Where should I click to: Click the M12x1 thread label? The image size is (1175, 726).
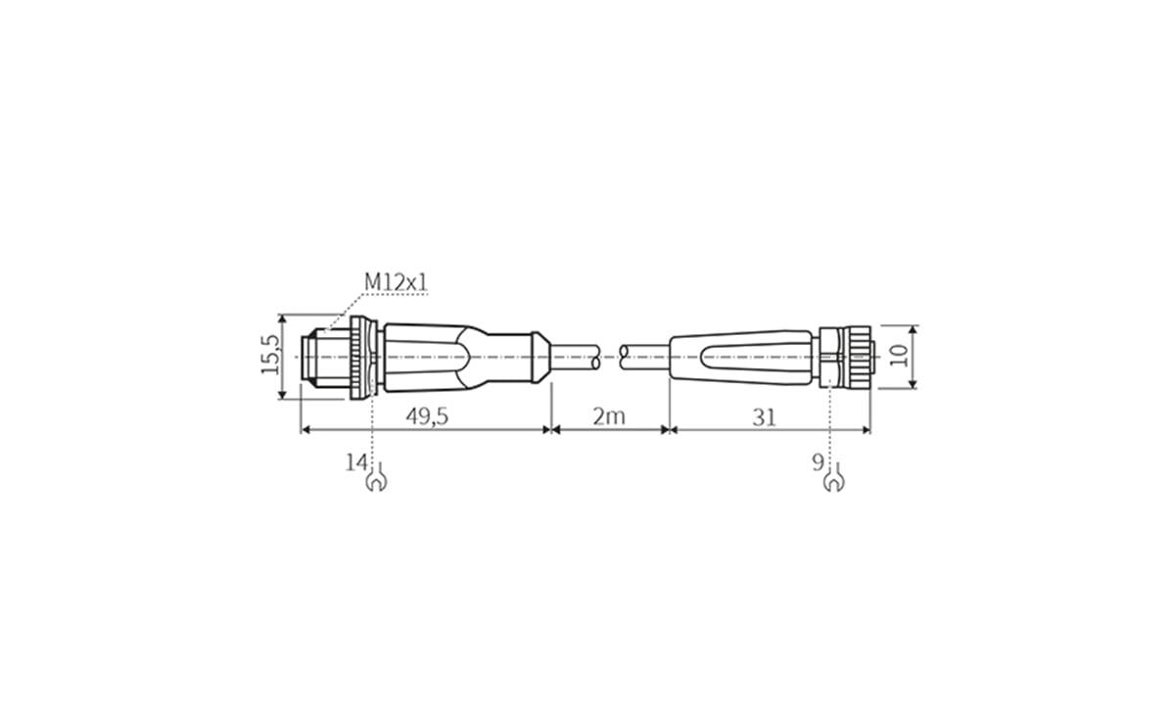coord(397,282)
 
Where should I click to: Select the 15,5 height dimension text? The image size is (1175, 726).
coord(270,356)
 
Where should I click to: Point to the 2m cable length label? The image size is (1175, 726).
coord(608,416)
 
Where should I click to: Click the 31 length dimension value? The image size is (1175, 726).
coord(764,416)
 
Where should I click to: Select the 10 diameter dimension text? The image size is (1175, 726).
coord(899,356)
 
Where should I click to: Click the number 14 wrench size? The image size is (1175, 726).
coord(355,460)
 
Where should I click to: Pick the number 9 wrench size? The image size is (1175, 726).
coord(818,460)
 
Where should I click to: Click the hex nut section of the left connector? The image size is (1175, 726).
coord(364,357)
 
